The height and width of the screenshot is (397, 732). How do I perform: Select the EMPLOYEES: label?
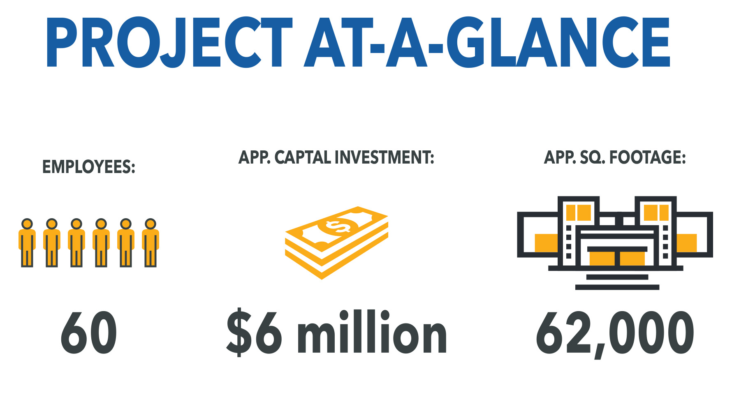click(x=89, y=167)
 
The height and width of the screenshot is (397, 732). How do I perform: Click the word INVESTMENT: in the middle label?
click(x=385, y=157)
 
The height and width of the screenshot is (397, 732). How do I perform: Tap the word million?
click(x=372, y=332)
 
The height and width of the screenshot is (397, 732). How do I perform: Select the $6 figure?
click(x=255, y=332)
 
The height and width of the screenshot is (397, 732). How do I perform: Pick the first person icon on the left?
click(x=27, y=243)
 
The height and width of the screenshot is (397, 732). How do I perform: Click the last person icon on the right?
click(x=151, y=243)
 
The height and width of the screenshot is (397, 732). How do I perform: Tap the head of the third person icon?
click(x=76, y=224)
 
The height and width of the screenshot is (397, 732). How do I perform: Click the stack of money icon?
click(x=337, y=243)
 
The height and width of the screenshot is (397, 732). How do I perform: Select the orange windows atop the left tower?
click(x=579, y=212)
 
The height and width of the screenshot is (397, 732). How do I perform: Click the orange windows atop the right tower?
click(x=656, y=212)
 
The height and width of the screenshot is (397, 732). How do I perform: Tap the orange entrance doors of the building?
click(x=617, y=259)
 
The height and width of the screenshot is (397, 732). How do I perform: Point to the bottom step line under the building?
click(x=617, y=287)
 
